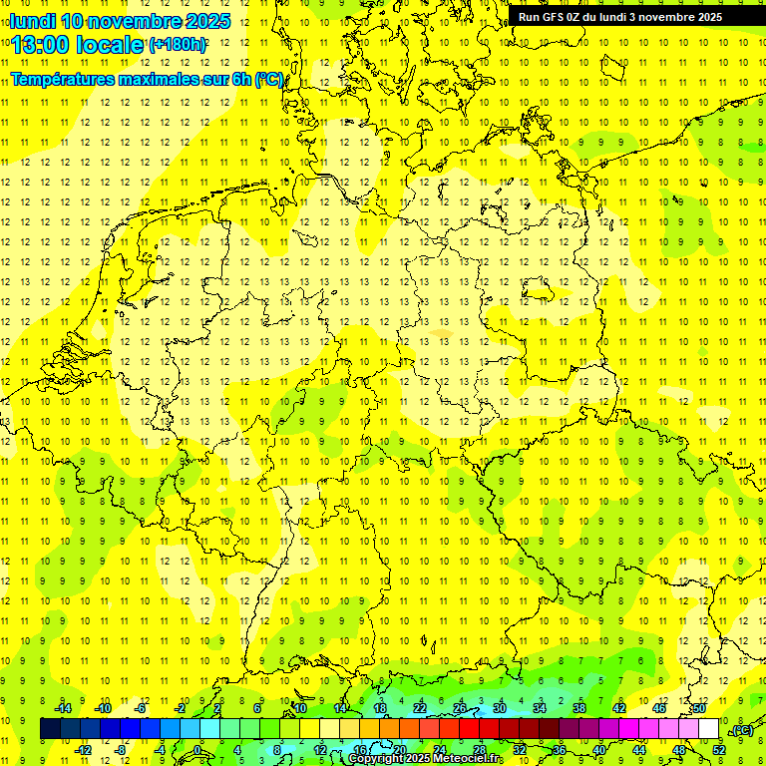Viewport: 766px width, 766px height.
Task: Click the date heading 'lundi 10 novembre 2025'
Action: (120, 21)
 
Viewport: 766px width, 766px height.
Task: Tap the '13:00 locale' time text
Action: (78, 44)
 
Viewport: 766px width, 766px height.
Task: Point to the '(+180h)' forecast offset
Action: (178, 44)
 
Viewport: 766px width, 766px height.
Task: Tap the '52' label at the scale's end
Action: (719, 749)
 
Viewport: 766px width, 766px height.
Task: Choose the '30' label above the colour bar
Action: (499, 708)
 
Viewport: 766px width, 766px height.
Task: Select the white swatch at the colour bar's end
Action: (709, 729)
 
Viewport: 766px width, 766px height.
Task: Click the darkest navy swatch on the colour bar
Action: (50, 729)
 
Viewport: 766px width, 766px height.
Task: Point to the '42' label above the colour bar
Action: (618, 708)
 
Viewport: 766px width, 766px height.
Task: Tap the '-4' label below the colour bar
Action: (160, 749)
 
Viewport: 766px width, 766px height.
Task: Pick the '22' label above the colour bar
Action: (419, 708)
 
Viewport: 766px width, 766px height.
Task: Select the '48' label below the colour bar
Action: (679, 749)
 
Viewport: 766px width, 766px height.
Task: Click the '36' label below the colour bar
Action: (560, 749)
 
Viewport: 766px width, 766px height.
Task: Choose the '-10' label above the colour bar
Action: (101, 708)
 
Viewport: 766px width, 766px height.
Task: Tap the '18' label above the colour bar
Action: (379, 708)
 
